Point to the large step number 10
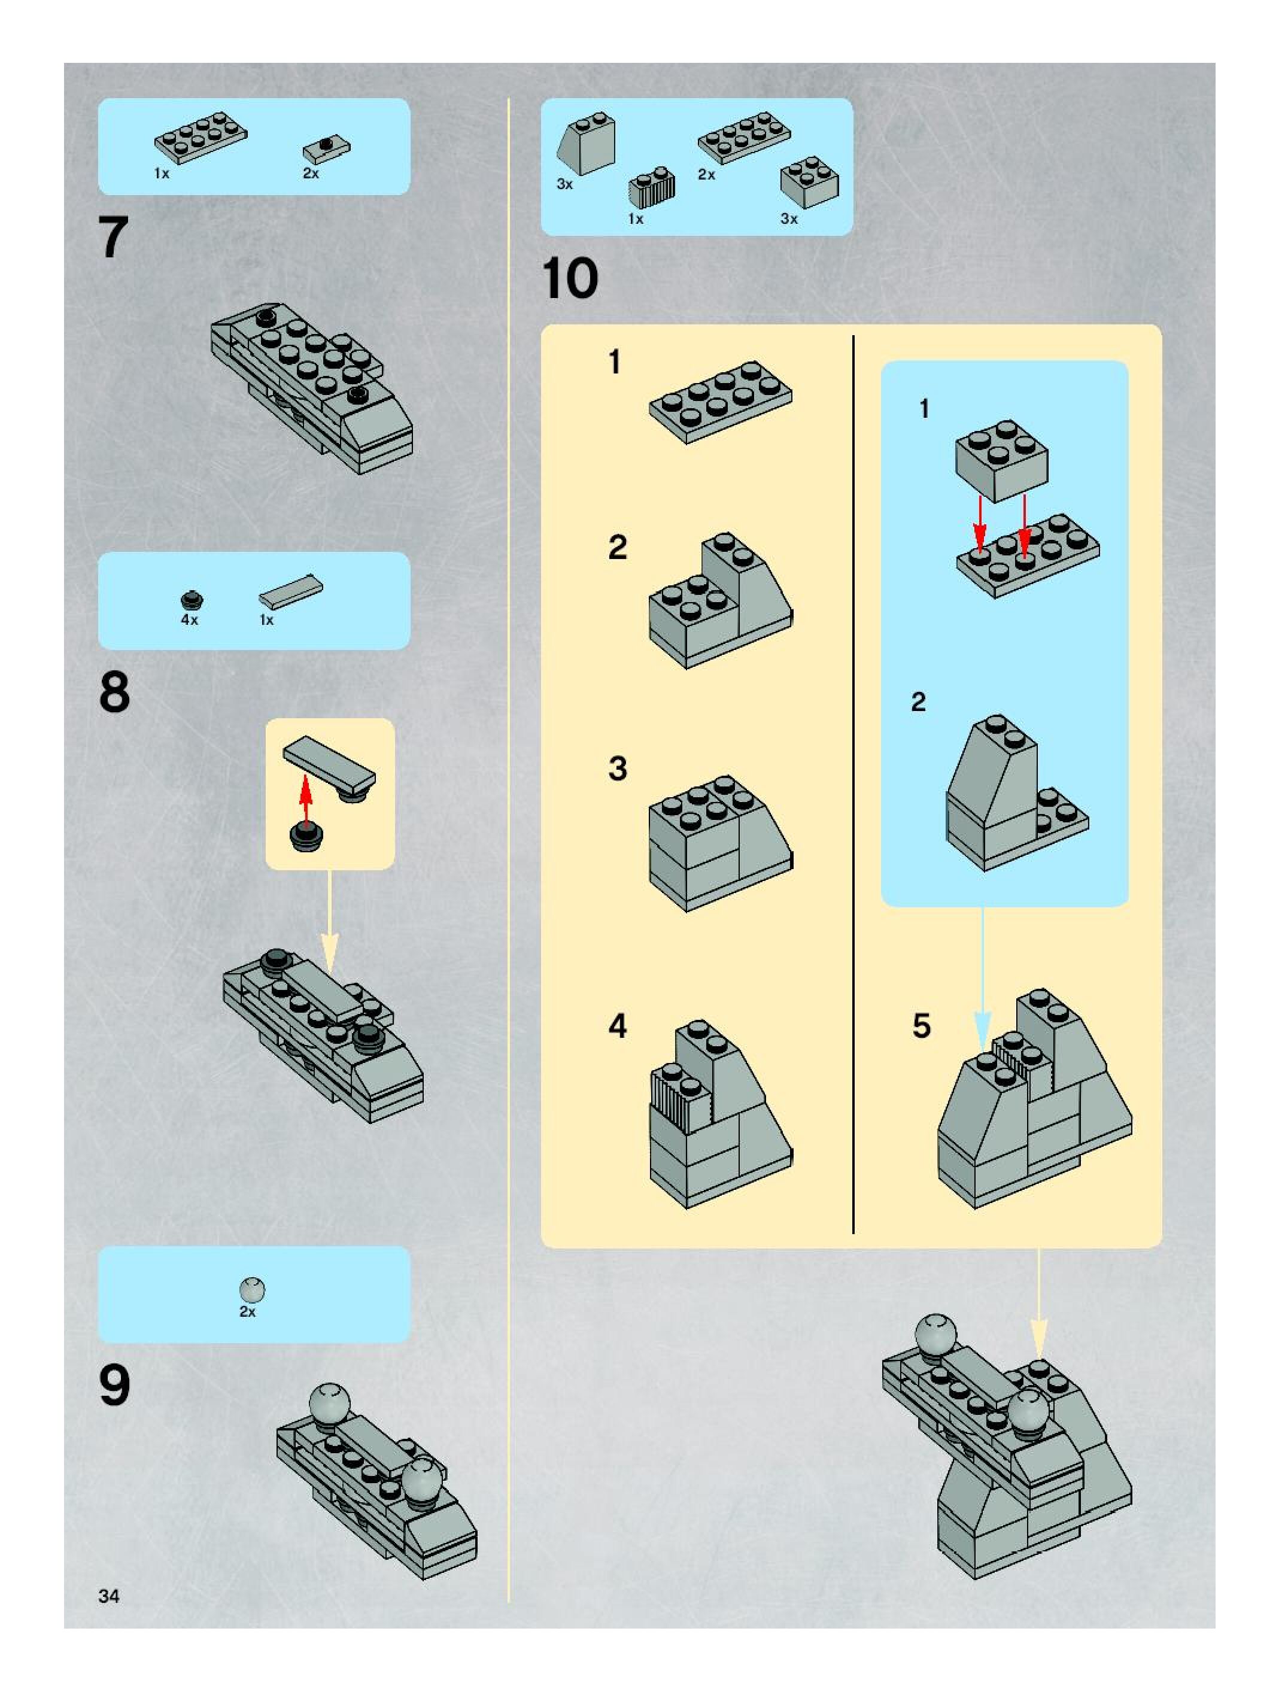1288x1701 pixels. click(570, 278)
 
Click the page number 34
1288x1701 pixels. click(109, 1596)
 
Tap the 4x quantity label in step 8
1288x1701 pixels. click(189, 620)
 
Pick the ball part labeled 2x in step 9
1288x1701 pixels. click(252, 1288)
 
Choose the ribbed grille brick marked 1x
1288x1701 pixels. click(651, 187)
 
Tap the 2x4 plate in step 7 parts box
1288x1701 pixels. click(201, 138)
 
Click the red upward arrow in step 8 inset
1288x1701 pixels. click(305, 800)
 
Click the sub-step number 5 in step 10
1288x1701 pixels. click(921, 1026)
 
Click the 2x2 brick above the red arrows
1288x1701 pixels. click(1002, 460)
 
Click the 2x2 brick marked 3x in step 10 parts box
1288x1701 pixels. click(810, 181)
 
